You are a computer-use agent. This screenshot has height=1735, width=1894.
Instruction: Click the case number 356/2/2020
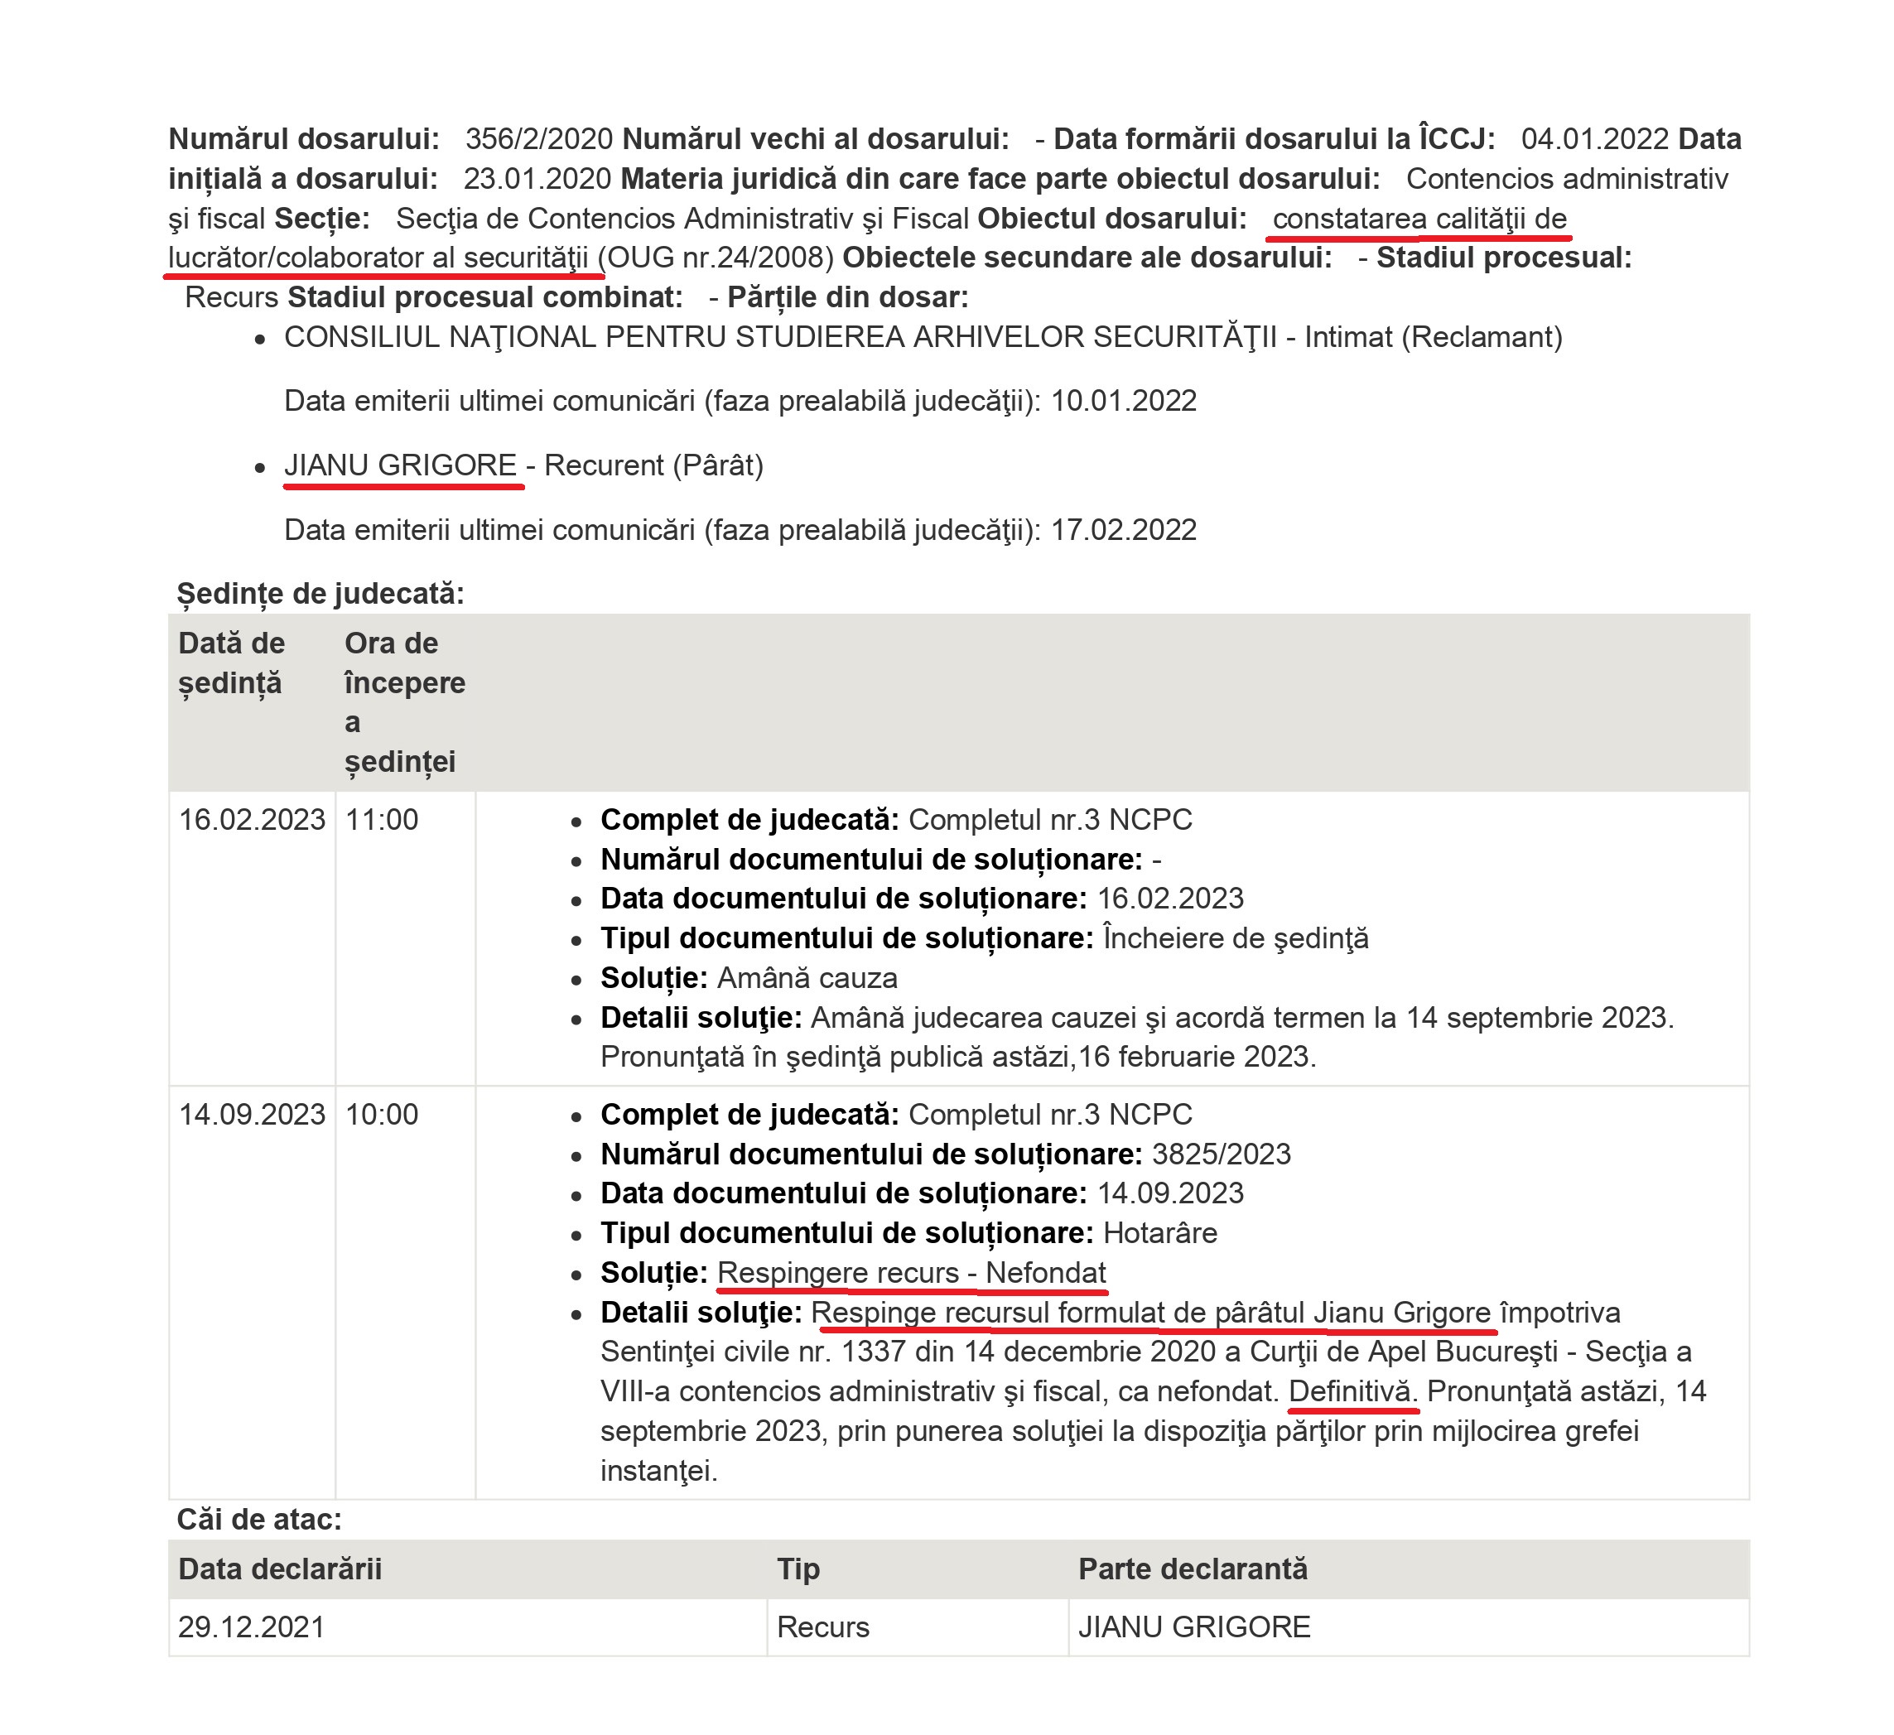tap(539, 139)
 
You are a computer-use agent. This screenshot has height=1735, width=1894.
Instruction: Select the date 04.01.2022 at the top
tap(1594, 139)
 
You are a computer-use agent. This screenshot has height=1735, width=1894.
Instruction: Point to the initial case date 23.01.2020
tap(537, 179)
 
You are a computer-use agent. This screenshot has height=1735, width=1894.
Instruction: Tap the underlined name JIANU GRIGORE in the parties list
tap(400, 465)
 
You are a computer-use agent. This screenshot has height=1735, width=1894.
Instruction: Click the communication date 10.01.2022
tap(1123, 401)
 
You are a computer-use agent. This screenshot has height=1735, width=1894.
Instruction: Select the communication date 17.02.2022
tap(1123, 530)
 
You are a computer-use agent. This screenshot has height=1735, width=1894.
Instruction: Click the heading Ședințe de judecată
tap(320, 594)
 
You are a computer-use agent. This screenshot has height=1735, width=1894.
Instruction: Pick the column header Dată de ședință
tap(231, 663)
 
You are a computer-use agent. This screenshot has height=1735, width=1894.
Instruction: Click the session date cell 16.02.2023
tap(252, 819)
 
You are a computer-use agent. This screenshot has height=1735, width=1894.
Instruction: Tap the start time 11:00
tap(382, 819)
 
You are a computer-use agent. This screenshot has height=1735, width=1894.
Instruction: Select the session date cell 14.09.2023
tap(252, 1114)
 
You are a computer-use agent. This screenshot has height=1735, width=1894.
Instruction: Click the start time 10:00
tap(382, 1114)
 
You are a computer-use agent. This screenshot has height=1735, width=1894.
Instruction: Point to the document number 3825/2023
tap(1222, 1154)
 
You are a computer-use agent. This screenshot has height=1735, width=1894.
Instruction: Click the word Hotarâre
tap(1159, 1232)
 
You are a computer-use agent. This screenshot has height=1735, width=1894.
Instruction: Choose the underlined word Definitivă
tap(1351, 1391)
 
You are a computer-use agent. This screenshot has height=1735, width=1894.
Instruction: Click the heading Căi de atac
tap(259, 1520)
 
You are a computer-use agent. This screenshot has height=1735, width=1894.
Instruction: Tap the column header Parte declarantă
tap(1193, 1569)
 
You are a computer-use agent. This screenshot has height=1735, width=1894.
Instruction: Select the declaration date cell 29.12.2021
tap(252, 1627)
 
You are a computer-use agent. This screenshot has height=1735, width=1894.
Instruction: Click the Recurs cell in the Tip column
tap(823, 1627)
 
